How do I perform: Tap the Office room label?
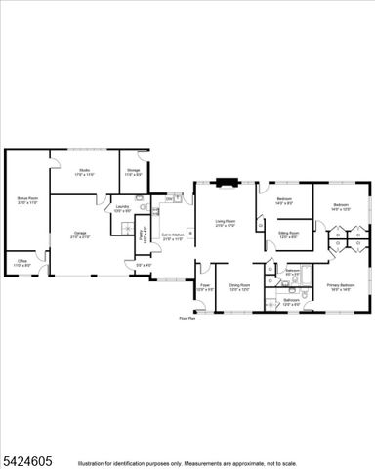pyautogui.click(x=22, y=263)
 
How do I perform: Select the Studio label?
pyautogui.click(x=85, y=172)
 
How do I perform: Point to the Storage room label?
pyautogui.click(x=133, y=172)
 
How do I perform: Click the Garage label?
pyautogui.click(x=80, y=234)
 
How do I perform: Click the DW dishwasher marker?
pyautogui.click(x=169, y=200)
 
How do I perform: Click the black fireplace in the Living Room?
pyautogui.click(x=227, y=181)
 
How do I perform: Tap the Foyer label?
pyautogui.click(x=205, y=287)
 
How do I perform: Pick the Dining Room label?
pyautogui.click(x=239, y=287)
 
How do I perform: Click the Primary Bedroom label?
pyautogui.click(x=341, y=286)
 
